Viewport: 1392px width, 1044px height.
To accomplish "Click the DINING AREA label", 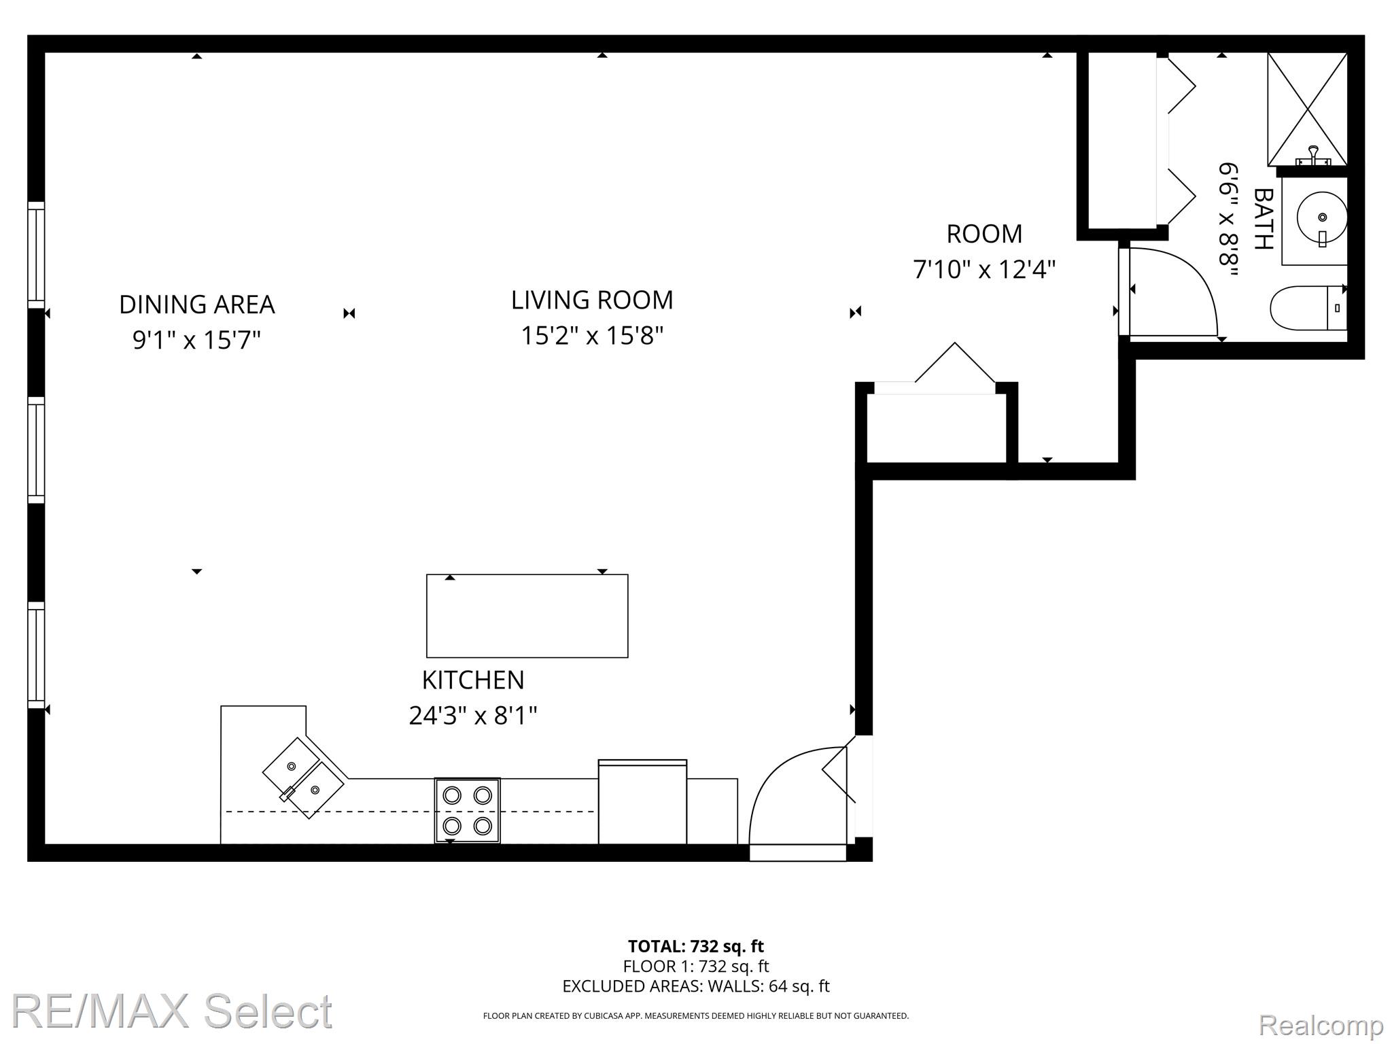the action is (x=197, y=304).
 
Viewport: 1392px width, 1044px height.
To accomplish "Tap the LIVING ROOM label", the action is (x=592, y=300).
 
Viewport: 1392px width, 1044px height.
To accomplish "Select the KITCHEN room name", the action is (x=473, y=680).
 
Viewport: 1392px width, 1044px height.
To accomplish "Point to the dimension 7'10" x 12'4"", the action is (x=984, y=270).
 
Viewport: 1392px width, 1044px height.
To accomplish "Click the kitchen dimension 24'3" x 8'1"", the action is (x=473, y=716).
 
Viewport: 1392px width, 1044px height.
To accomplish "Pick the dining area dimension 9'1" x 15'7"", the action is (x=197, y=340).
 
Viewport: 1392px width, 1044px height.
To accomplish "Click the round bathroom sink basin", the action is (x=1321, y=217).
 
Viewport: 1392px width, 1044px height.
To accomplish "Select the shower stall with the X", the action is (x=1307, y=109).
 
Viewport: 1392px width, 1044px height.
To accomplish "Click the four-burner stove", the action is (x=468, y=811).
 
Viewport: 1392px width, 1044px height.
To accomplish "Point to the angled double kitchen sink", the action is (x=304, y=778).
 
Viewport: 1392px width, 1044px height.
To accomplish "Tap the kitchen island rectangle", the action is (x=527, y=616).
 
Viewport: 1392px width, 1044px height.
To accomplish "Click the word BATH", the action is (x=1263, y=219).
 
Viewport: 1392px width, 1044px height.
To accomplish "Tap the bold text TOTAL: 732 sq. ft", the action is (x=696, y=946).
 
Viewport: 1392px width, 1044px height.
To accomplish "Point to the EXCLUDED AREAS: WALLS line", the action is (x=696, y=986).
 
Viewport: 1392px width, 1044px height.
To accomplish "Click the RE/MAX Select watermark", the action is (x=171, y=1011).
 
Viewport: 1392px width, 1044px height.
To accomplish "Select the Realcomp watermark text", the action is (x=1321, y=1025).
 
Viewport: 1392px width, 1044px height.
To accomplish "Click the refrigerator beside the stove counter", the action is (x=642, y=802).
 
